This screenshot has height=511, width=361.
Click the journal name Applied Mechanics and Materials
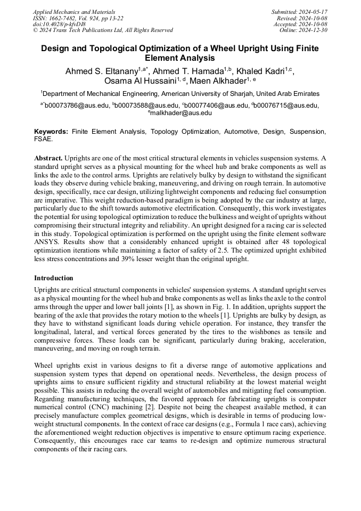[x=74, y=12]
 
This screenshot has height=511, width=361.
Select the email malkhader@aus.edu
[x=182, y=113]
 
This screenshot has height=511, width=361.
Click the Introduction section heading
[x=54, y=278]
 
